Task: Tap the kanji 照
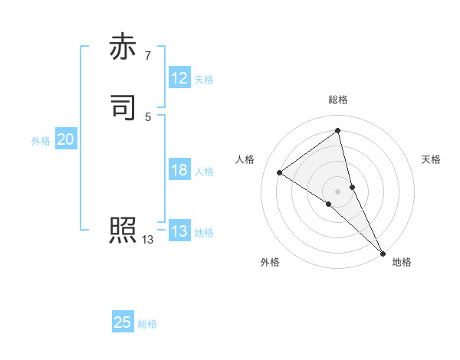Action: coord(123,230)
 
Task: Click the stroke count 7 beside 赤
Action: coord(148,55)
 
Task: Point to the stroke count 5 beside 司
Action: coord(148,116)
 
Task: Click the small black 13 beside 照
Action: coord(148,240)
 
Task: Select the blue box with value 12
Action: coord(179,78)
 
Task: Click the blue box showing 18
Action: coord(179,170)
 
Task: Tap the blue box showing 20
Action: coord(65,139)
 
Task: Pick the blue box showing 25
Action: coord(123,322)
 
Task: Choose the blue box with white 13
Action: coord(179,231)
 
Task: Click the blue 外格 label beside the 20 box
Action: coord(40,141)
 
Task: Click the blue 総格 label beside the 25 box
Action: coord(147,324)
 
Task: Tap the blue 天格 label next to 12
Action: coord(204,80)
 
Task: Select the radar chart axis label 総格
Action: coord(338,100)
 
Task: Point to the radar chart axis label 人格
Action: coord(245,159)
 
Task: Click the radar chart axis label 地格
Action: coord(402,263)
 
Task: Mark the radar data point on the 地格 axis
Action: coord(383,252)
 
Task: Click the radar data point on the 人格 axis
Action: coord(280,172)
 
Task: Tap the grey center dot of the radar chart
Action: coord(338,191)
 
